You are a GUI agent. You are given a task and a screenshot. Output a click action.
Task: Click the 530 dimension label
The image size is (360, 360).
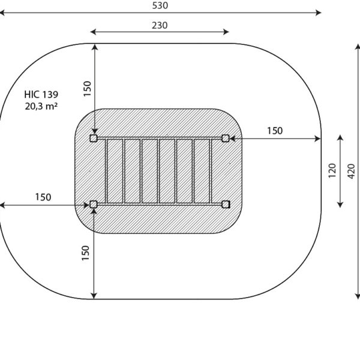pyautogui.click(x=160, y=5)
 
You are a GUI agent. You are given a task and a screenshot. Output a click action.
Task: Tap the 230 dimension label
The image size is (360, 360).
pyautogui.click(x=160, y=25)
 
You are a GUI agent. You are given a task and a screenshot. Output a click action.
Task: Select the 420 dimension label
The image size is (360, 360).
pyautogui.click(x=351, y=171)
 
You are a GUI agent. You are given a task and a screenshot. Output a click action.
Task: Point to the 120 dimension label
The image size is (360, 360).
pyautogui.click(x=332, y=170)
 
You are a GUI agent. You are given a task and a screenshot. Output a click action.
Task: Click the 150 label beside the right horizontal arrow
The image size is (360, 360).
pyautogui.click(x=275, y=131)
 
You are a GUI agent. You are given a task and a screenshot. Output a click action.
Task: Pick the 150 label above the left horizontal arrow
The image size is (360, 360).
pyautogui.click(x=43, y=197)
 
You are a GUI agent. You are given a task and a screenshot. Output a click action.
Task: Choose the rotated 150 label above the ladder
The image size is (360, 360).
pyautogui.click(x=87, y=89)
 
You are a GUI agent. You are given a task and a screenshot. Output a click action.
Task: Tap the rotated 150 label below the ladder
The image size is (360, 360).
pyautogui.click(x=85, y=253)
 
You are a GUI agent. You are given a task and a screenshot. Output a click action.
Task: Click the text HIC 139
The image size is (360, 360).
pyautogui.click(x=41, y=95)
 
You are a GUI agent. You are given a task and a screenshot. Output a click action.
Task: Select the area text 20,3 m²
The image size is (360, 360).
pyautogui.click(x=41, y=106)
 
